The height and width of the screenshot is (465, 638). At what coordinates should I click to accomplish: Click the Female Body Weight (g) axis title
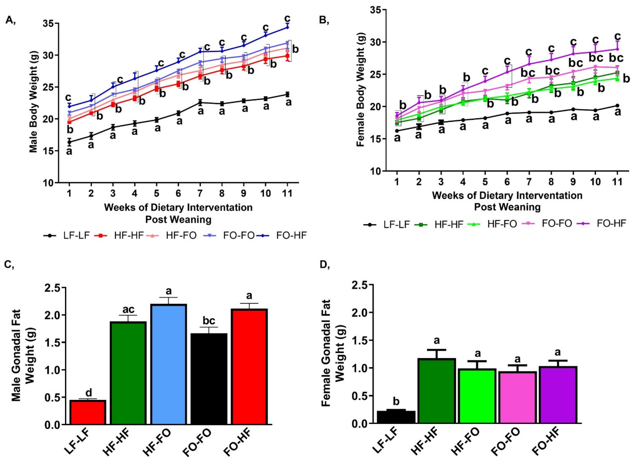click(x=360, y=90)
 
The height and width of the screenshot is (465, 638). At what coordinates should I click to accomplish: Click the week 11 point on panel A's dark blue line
click(x=287, y=27)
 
